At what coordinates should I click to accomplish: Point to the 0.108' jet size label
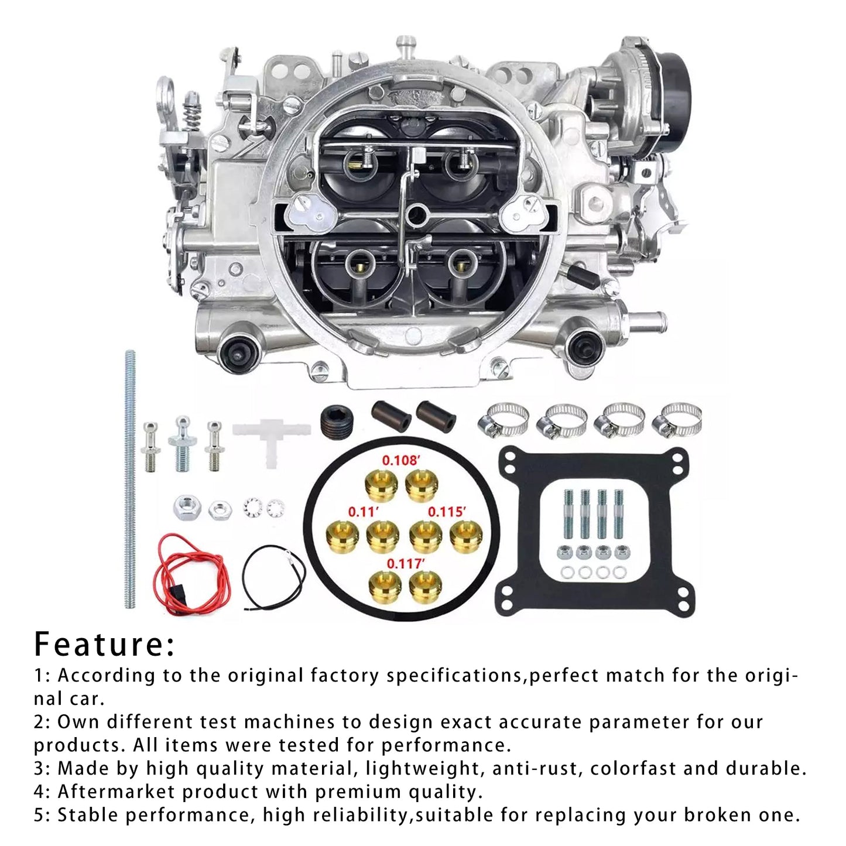pos(401,460)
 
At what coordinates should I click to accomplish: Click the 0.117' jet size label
pos(405,564)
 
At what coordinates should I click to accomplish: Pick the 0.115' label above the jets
pos(447,512)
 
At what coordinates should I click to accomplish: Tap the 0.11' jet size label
pos(364,512)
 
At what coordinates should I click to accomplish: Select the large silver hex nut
pos(187,507)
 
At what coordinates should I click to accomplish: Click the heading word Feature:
pos(104,644)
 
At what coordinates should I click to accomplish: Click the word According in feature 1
pos(107,676)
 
